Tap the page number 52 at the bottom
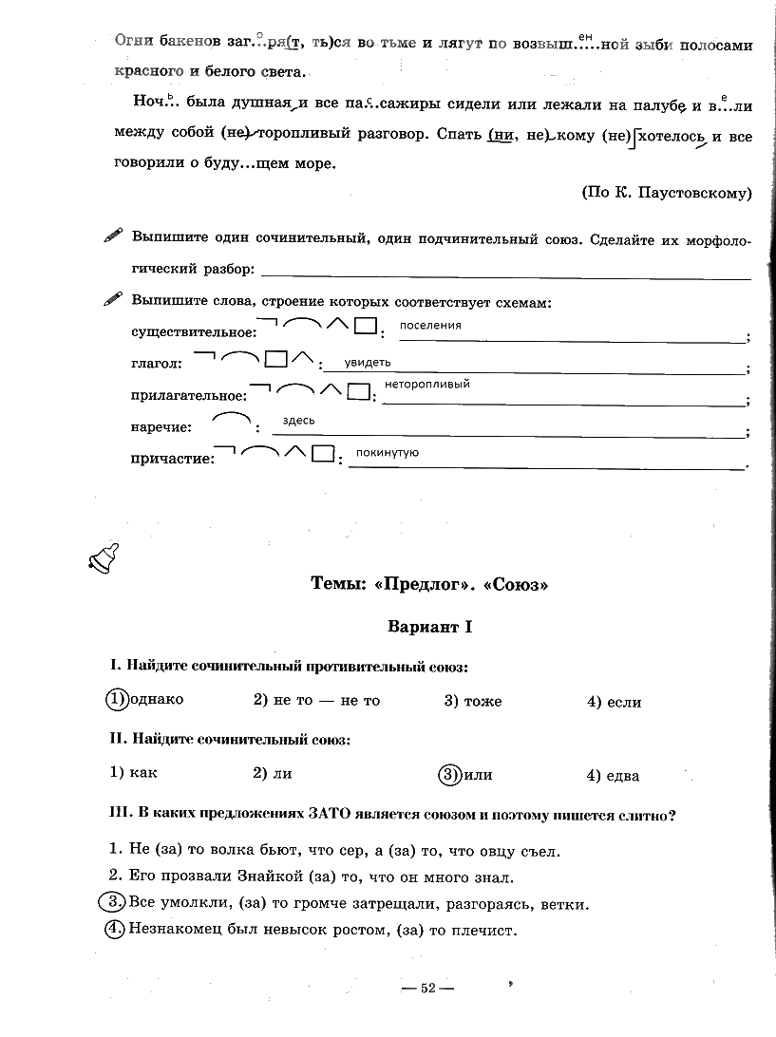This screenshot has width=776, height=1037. (x=427, y=989)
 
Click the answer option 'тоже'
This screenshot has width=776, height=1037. (x=483, y=702)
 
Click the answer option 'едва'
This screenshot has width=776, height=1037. (x=621, y=776)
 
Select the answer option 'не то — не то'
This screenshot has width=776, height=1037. (x=326, y=701)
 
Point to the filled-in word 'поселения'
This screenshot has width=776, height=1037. (x=430, y=326)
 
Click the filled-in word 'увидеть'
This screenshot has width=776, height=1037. (x=367, y=362)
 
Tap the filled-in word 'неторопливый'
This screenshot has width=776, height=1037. (x=426, y=385)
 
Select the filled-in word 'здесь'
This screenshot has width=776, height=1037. (x=298, y=421)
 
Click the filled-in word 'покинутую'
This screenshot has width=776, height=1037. (x=387, y=453)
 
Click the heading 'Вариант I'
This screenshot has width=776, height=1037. (x=429, y=628)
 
